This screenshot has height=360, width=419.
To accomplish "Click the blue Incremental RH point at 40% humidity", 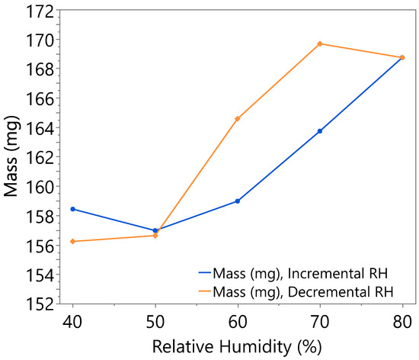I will (73, 209).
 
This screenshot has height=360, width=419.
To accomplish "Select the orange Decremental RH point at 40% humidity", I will (73, 241).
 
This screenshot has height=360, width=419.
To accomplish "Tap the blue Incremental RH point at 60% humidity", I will (238, 201).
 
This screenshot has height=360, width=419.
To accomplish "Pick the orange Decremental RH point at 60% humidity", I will (238, 118).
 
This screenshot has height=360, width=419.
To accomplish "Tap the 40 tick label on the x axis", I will (73, 320).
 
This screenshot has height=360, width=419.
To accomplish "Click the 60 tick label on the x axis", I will (238, 320).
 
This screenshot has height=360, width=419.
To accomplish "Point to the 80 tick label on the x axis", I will (402, 320).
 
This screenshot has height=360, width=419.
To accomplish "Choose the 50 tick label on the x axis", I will (155, 320).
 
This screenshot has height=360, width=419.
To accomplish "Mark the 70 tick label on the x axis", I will (320, 320).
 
